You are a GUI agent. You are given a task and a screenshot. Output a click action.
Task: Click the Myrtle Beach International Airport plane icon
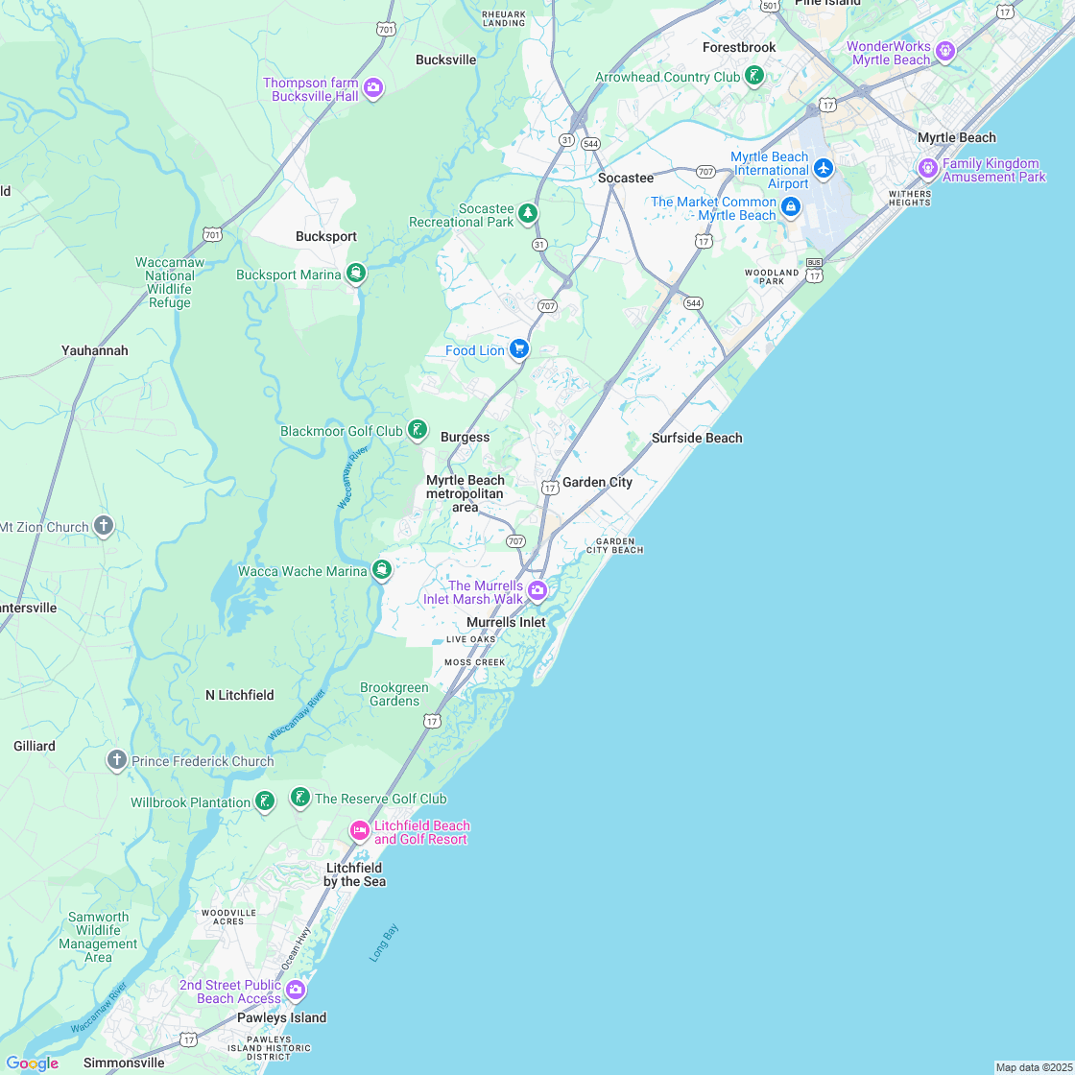point(823,169)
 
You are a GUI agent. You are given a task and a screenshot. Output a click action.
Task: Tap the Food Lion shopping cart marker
point(519,349)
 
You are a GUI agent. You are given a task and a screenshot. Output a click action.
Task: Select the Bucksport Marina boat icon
point(356,274)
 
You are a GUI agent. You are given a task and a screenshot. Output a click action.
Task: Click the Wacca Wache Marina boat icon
point(382,570)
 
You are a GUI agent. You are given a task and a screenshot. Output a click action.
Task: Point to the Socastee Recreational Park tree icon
point(527,213)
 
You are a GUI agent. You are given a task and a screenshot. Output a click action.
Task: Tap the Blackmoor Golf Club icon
point(418,430)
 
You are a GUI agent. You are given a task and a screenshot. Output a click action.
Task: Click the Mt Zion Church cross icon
point(104,526)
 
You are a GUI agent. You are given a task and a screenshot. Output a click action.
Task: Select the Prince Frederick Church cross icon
point(116,760)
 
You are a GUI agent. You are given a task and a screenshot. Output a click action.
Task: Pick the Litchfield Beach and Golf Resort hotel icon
point(360,830)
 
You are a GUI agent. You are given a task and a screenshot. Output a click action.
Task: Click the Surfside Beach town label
point(697,438)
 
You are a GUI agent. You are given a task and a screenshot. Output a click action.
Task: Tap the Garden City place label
point(597,482)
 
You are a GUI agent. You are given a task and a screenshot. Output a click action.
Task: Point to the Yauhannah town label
point(94,350)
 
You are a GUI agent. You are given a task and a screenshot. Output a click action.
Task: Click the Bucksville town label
point(445,60)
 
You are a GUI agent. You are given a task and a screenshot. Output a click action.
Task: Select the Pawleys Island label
point(282,1017)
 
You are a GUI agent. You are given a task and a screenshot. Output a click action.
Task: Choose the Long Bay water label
point(384,943)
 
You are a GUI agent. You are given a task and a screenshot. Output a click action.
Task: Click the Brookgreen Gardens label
point(394,694)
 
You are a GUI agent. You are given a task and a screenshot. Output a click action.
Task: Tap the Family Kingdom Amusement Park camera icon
point(928,168)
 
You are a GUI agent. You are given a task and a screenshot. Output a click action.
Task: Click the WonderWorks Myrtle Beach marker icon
point(945,50)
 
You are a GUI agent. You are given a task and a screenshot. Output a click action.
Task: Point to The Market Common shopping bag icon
point(790,206)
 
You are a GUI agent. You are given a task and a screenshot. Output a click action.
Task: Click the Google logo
point(32,1063)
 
